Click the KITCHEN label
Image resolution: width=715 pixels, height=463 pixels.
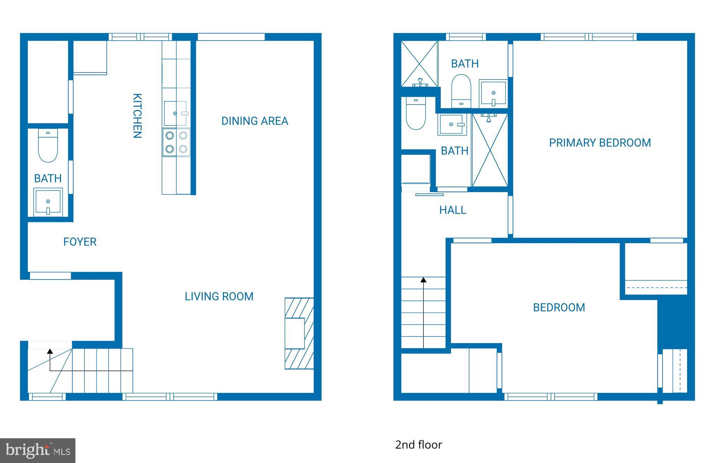click(137, 116)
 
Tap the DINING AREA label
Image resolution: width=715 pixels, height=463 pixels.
click(255, 121)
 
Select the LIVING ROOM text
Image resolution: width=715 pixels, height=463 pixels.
click(219, 296)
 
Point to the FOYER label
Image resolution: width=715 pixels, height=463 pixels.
click(80, 242)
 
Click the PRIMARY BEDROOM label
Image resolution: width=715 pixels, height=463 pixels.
click(600, 143)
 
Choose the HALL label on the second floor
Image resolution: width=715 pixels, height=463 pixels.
click(452, 210)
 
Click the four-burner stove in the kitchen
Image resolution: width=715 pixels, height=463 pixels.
click(176, 142)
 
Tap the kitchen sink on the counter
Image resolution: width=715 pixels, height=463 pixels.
click(176, 113)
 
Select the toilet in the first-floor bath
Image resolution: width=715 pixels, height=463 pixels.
click(48, 146)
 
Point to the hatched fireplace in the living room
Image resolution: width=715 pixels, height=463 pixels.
click(299, 333)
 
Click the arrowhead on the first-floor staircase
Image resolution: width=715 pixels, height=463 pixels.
click(50, 351)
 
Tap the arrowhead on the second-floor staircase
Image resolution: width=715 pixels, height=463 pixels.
click(423, 280)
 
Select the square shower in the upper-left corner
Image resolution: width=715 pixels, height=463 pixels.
click(419, 63)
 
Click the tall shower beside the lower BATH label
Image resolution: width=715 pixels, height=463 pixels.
click(490, 150)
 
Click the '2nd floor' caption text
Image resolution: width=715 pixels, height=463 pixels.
click(419, 445)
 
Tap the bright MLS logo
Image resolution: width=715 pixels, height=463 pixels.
click(38, 450)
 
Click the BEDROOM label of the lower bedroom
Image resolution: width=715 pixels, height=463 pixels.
click(559, 307)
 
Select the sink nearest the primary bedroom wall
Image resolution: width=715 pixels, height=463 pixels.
click(493, 93)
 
